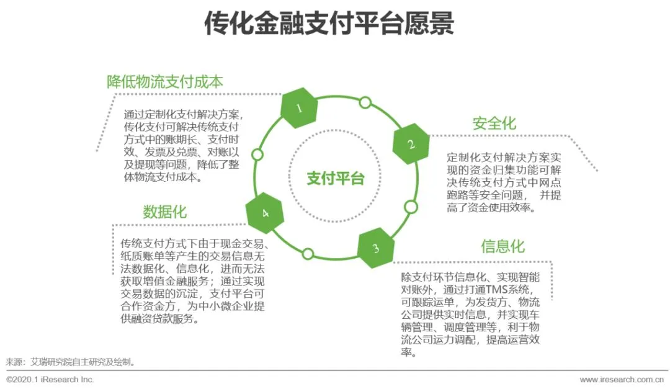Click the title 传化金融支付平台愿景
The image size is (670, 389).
329,25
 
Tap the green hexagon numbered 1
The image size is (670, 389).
299,109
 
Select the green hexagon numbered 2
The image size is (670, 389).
411,143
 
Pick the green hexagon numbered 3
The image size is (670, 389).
376,248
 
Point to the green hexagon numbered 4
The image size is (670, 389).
265,213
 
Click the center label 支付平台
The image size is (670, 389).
336,179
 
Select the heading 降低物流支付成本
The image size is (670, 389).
164,82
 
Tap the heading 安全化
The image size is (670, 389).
494,123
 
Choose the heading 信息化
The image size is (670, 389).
502,246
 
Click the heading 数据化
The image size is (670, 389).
164,212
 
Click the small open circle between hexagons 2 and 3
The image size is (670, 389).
410,207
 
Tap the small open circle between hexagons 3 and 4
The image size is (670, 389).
308,253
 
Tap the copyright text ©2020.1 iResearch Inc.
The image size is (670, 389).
50,379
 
